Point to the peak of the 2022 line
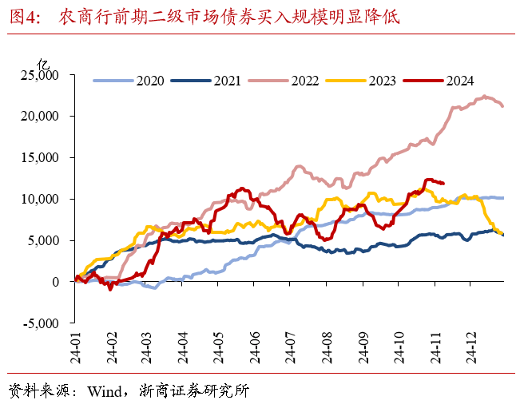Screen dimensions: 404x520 click(x=485, y=97)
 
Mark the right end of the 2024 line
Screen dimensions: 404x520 click(x=444, y=183)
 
